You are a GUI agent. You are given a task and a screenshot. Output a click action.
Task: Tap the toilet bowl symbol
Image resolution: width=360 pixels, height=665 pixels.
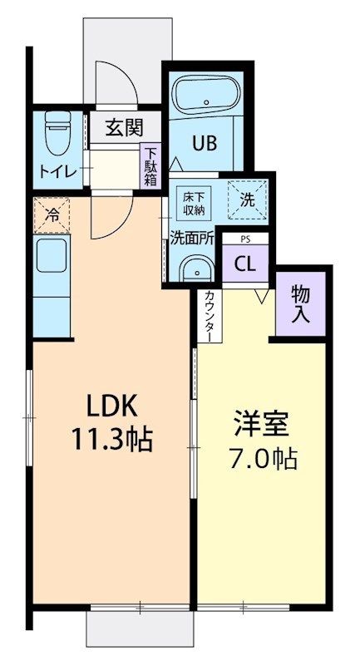(x=57, y=133)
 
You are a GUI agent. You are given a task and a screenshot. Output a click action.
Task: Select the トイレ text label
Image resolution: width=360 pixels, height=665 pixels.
(x=56, y=172)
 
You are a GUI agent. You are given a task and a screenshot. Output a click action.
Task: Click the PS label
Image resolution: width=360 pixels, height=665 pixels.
(x=245, y=239)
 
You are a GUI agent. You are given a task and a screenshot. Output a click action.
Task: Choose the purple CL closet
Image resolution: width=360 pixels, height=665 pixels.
(x=244, y=264)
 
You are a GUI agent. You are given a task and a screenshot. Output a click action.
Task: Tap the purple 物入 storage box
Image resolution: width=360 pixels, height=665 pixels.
(x=300, y=303)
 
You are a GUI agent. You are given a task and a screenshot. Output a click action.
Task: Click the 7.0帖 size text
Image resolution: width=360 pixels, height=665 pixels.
(x=260, y=458)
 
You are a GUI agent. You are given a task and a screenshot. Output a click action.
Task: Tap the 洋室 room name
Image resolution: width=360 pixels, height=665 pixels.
(x=260, y=423)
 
